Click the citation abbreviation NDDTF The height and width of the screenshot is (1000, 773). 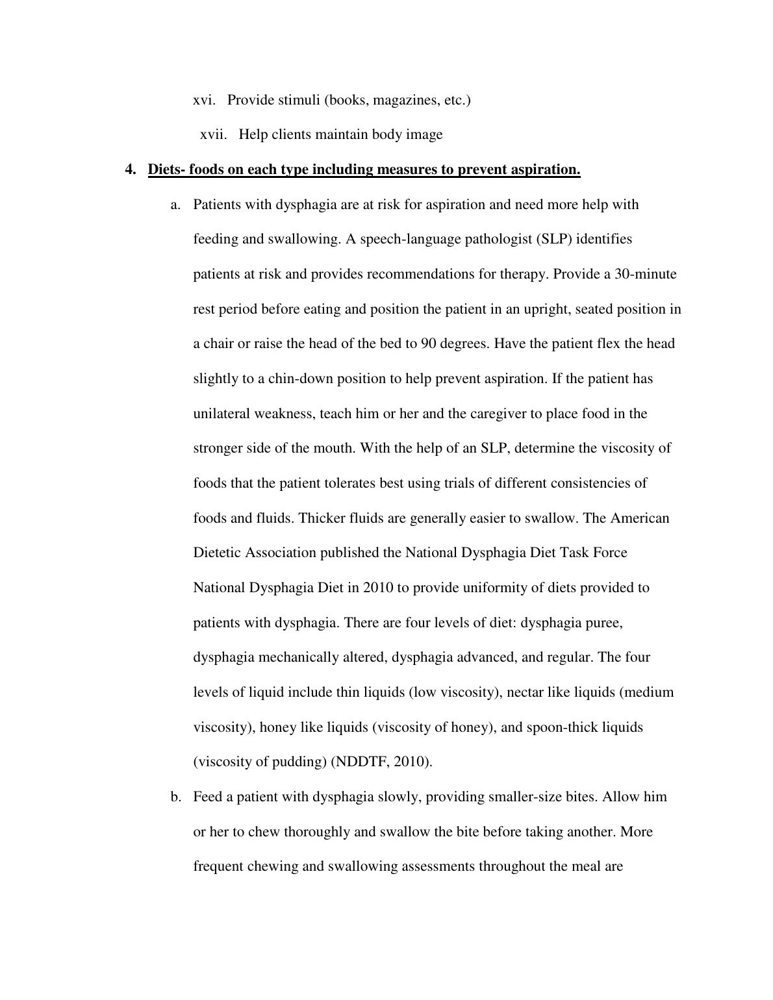click(359, 762)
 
